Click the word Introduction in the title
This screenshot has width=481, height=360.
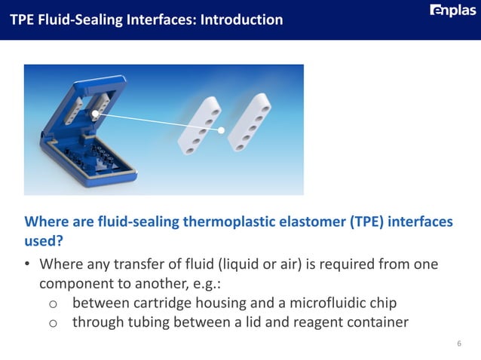point(242,19)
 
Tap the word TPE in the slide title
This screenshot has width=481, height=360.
point(22,19)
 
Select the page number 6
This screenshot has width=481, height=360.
point(459,344)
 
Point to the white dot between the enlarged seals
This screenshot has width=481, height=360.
point(222,130)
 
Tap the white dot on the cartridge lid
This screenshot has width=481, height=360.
point(96,114)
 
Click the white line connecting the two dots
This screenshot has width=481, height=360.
point(158,122)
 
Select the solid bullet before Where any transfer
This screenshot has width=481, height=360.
point(27,266)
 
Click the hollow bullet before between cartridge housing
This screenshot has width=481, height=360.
point(53,304)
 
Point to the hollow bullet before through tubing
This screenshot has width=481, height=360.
point(53,324)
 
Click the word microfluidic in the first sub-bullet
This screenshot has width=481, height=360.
point(326,304)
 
